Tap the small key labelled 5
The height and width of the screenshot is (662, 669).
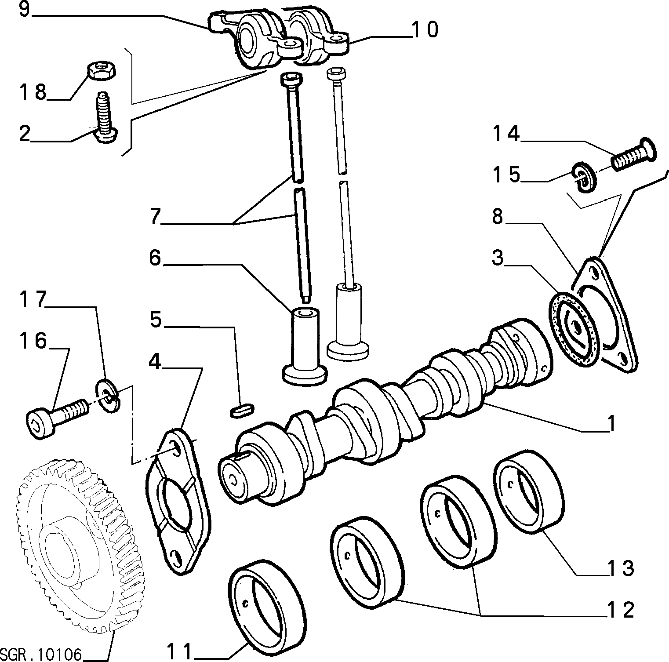(x=242, y=411)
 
